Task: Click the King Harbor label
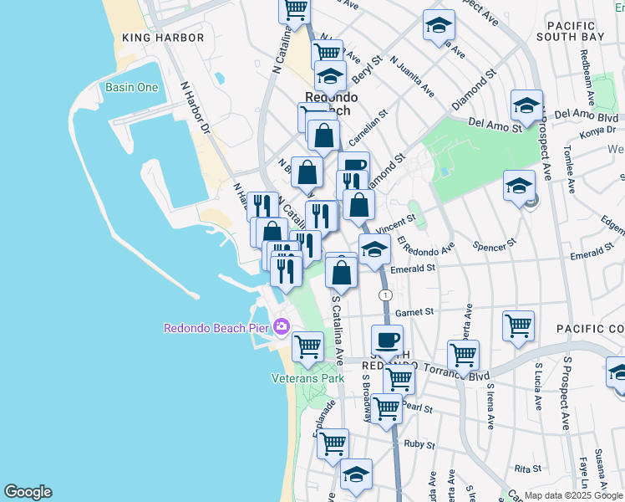[163, 38]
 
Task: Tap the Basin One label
[132, 88]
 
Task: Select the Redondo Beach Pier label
[217, 327]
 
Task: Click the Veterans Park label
[307, 378]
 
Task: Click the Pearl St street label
[417, 409]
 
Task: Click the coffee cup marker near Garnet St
[387, 341]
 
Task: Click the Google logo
[28, 492]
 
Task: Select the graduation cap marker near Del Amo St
[526, 105]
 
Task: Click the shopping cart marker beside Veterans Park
[308, 345]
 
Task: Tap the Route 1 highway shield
[384, 295]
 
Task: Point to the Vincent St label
[396, 224]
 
